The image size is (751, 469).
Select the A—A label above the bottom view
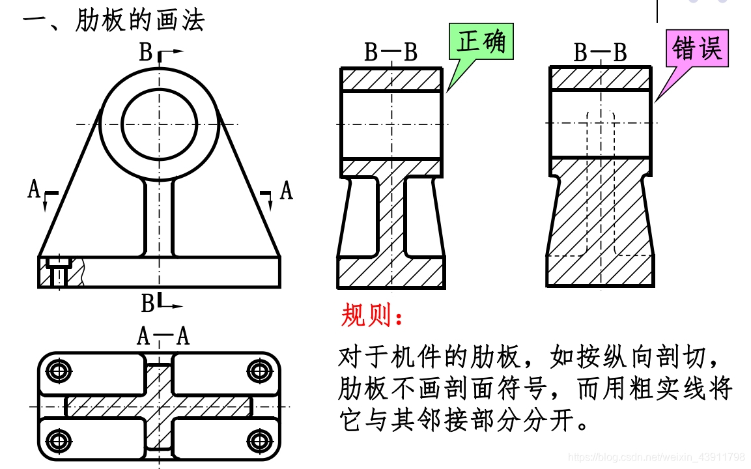pos(163,336)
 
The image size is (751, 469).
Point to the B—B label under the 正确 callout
pos(391,53)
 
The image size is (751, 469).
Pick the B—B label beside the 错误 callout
pos(600,53)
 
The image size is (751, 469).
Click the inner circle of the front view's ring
pos(160,123)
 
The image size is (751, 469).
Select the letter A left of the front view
pos(34,190)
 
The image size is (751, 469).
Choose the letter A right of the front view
pos(286,191)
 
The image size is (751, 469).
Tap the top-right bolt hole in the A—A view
pos(258,371)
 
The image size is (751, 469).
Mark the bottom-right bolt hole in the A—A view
pos(258,440)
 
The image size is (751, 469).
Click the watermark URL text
pos(656,457)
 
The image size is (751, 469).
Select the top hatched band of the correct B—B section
pos(392,79)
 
